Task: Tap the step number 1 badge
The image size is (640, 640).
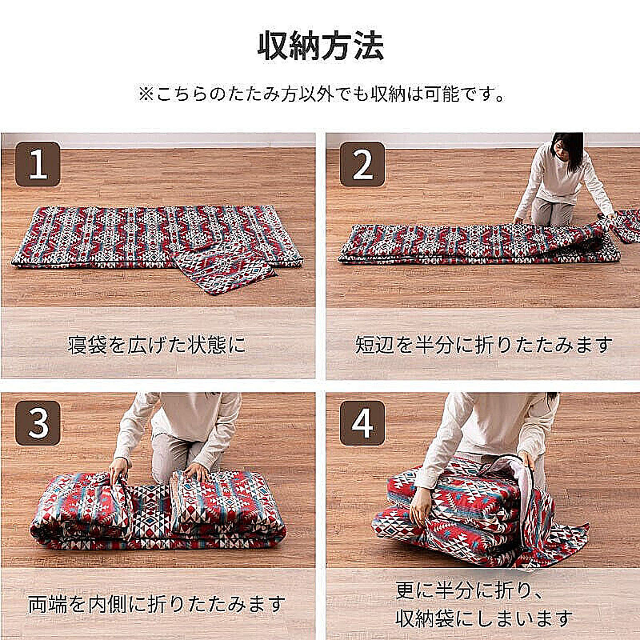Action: click(x=38, y=165)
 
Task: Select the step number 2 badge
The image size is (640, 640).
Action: click(x=362, y=165)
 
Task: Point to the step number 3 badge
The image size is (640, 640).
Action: click(x=38, y=423)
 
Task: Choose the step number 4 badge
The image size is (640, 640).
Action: click(x=362, y=423)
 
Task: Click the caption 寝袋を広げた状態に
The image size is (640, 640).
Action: click(x=157, y=345)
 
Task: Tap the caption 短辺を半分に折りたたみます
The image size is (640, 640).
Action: click(x=483, y=345)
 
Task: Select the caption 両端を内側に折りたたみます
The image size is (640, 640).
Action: click(x=157, y=604)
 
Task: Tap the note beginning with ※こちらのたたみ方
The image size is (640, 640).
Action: click(x=321, y=94)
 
